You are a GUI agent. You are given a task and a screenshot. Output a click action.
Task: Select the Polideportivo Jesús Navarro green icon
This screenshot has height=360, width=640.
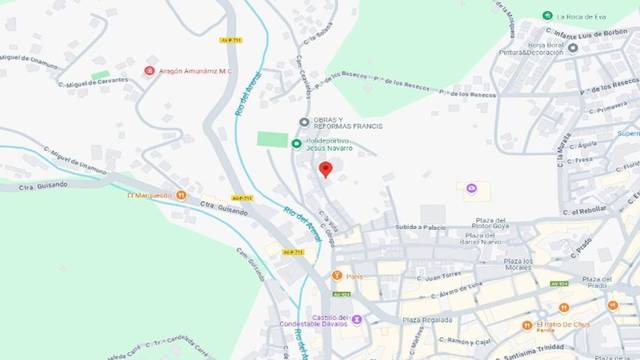[x=296, y=144]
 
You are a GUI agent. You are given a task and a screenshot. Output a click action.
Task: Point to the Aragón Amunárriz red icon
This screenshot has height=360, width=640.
[x=150, y=70]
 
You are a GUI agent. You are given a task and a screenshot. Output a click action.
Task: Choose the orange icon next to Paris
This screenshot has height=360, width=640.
[x=337, y=275]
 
